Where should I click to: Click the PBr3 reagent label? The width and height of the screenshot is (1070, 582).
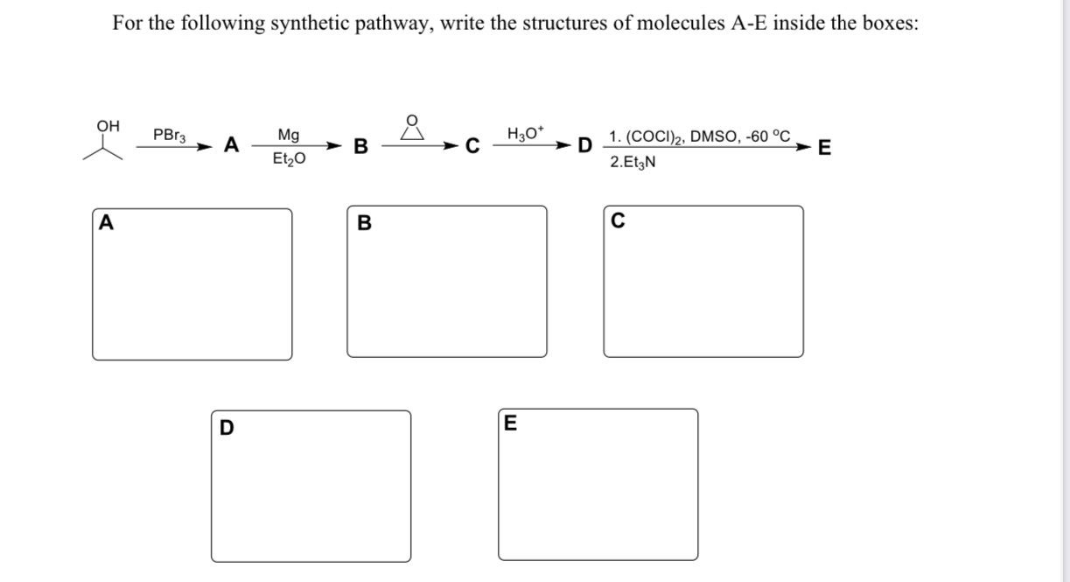pyautogui.click(x=169, y=136)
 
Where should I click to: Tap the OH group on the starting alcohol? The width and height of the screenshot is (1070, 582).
pyautogui.click(x=108, y=126)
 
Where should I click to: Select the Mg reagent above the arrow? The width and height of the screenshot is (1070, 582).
pyautogui.click(x=288, y=135)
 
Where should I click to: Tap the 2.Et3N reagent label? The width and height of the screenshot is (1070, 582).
pyautogui.click(x=633, y=162)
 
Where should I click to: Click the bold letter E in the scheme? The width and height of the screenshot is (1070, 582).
pyautogui.click(x=823, y=147)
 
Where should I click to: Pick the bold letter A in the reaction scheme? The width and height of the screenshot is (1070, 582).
pyautogui.click(x=231, y=144)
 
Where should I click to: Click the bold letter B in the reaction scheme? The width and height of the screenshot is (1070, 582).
pyautogui.click(x=360, y=146)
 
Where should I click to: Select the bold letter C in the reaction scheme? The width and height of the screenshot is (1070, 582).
pyautogui.click(x=472, y=146)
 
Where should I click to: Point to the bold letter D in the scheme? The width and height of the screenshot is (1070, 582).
pyautogui.click(x=584, y=145)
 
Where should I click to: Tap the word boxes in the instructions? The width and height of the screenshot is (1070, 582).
pyautogui.click(x=885, y=24)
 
